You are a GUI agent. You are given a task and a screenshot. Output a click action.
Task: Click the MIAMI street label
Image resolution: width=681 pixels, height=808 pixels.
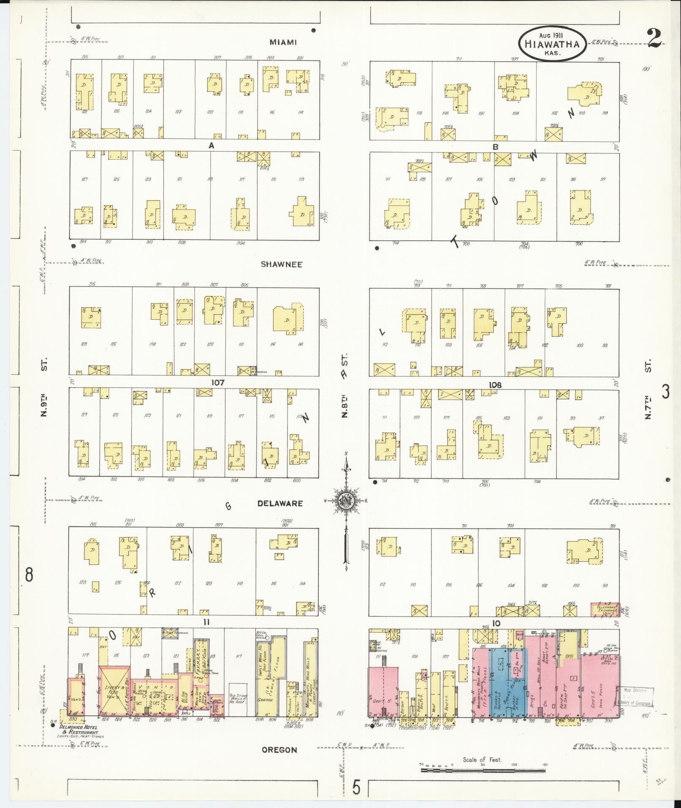(x=283, y=42)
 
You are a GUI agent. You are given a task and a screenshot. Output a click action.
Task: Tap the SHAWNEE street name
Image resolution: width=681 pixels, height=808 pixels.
(x=282, y=264)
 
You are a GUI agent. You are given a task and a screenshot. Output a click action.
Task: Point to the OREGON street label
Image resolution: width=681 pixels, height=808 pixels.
(x=279, y=750)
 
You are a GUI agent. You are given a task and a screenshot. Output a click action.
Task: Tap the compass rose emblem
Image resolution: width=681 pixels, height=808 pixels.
(x=346, y=501)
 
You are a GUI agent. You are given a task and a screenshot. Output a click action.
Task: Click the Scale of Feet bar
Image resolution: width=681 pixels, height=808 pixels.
(x=483, y=770)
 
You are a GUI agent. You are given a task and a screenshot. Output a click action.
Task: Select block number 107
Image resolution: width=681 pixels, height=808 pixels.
(x=218, y=382)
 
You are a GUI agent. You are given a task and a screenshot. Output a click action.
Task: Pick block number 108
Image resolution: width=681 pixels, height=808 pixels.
(x=495, y=385)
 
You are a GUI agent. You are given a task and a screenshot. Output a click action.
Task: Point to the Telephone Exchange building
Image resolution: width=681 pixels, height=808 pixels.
(x=605, y=610)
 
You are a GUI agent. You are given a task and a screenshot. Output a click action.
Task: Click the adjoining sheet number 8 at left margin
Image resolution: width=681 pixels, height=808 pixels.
(x=29, y=575)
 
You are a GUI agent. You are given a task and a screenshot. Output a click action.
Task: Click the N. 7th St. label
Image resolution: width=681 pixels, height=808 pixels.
(x=648, y=389)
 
